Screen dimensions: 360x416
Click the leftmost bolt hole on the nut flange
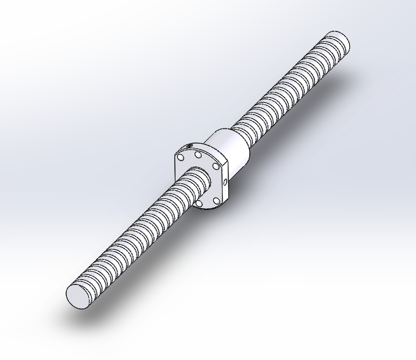click(181, 158)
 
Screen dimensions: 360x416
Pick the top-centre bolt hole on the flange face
click(198, 155)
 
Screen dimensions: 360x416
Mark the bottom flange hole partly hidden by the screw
click(200, 203)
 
